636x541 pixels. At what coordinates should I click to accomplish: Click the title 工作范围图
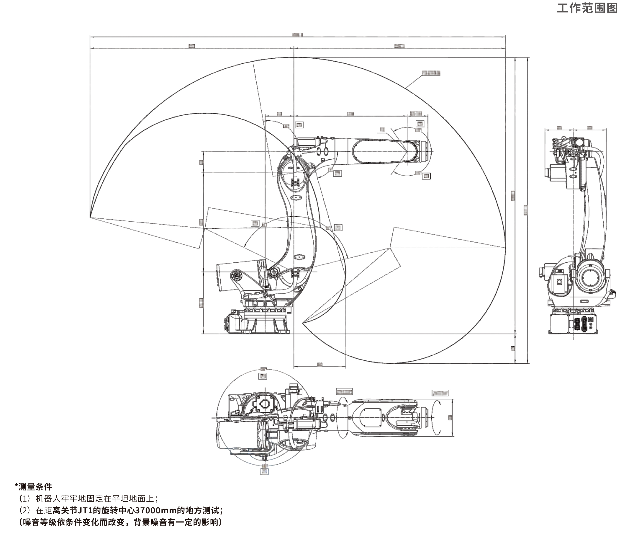click(x=587, y=8)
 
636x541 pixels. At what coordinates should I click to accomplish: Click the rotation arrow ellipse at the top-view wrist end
click(x=437, y=417)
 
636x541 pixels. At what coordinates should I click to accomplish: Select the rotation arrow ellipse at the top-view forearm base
click(x=342, y=417)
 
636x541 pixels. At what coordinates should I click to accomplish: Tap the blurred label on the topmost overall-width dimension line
click(x=297, y=35)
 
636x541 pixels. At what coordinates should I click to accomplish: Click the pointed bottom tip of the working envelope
click(x=303, y=323)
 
